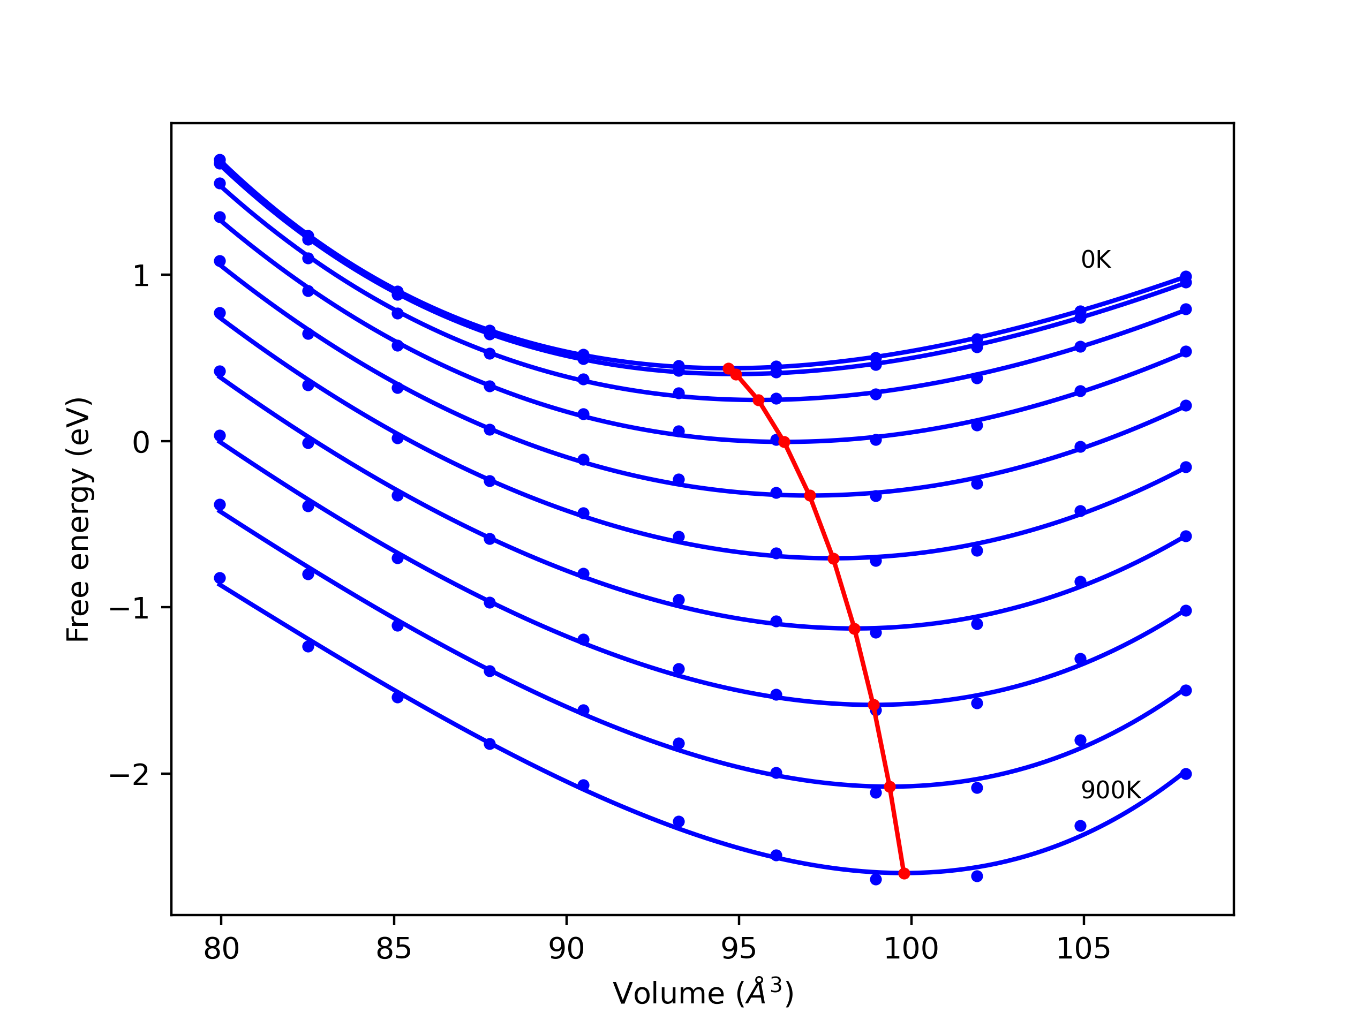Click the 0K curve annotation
[1096, 260]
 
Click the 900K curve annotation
[1111, 790]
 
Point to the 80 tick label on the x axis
[221, 949]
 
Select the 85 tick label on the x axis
[394, 949]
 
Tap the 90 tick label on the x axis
[566, 949]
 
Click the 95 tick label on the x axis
[739, 949]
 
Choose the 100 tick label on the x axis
[910, 949]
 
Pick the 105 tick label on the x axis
[1083, 949]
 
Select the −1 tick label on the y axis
[130, 608]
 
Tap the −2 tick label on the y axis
[130, 775]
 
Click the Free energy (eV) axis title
[79, 519]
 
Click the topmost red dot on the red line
[729, 369]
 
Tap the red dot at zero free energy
[784, 442]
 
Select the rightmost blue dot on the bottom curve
[1186, 774]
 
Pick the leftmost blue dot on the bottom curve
[220, 578]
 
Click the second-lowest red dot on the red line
[890, 787]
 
